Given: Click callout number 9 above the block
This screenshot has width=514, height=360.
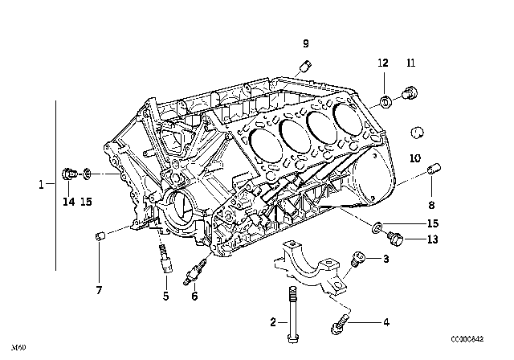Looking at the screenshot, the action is point(305,43).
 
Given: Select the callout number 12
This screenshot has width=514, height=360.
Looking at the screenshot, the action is point(383,63).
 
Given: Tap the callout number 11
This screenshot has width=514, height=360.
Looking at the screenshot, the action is point(410,63).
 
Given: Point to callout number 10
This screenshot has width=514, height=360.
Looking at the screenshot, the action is point(415,158).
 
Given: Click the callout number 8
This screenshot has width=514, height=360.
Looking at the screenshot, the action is point(431,205).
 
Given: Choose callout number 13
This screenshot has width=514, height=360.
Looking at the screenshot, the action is point(433,239).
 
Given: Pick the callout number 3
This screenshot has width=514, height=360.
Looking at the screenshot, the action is point(386,259).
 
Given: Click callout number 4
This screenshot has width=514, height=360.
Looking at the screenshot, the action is point(386,322).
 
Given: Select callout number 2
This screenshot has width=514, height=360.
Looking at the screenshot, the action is point(273,322).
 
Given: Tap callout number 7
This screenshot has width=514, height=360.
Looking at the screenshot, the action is point(99,290).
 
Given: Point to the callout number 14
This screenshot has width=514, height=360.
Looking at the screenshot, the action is point(69,202).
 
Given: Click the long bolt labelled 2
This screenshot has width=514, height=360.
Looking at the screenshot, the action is point(292,314).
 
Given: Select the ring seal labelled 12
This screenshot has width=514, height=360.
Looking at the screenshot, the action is point(385,101).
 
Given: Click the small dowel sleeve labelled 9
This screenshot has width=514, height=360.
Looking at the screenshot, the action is point(306,65).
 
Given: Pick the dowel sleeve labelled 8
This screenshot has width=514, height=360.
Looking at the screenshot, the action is point(434,170).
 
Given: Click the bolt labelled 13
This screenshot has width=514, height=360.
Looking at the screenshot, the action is point(396,239).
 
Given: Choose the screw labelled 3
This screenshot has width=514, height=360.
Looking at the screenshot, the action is point(357,259).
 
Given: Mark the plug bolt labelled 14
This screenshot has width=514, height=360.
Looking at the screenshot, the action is point(70,174).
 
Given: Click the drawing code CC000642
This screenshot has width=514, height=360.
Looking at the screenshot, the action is point(467,339).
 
